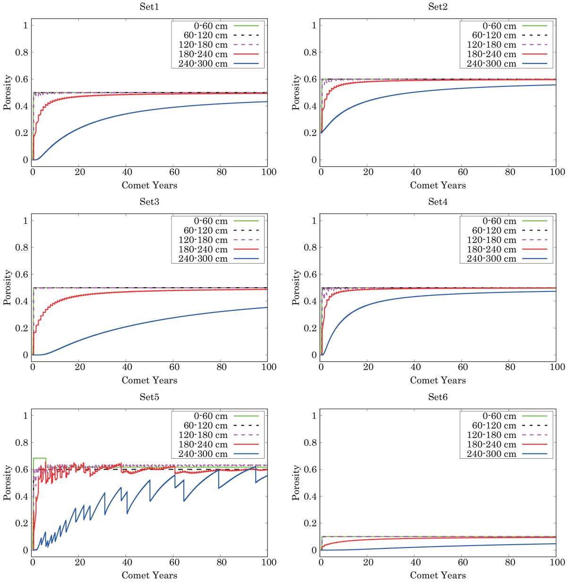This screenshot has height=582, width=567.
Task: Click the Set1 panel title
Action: tap(149, 7)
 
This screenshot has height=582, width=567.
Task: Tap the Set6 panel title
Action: tap(438, 397)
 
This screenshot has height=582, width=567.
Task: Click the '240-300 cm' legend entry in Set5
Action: tap(203, 454)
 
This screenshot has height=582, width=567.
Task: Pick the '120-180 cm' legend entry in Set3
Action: tap(203, 240)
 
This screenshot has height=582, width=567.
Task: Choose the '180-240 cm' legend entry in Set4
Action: tap(491, 249)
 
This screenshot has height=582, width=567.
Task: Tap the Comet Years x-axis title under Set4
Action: tap(438, 380)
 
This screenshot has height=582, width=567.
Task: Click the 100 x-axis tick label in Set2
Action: tap(557, 172)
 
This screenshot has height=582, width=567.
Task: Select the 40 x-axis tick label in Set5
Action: tap(127, 562)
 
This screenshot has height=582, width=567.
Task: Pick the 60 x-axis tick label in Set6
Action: tap(463, 562)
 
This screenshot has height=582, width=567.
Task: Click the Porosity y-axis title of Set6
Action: tap(296, 483)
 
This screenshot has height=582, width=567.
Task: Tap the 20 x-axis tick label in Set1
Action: tap(80, 172)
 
